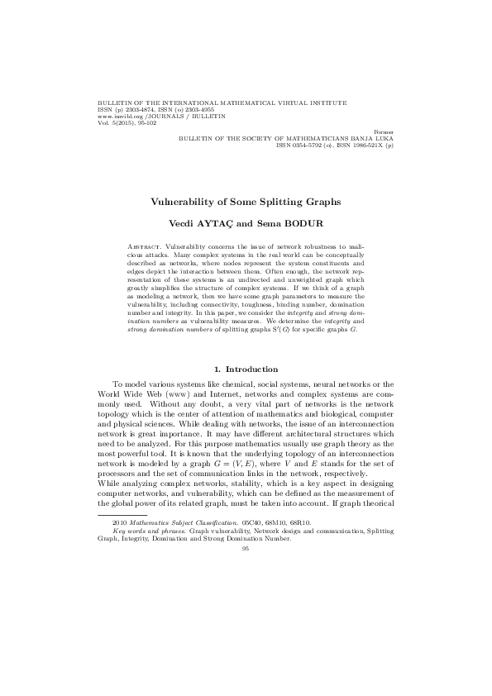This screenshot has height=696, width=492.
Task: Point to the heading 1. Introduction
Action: [x=246, y=369]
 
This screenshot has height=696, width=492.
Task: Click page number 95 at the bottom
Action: [x=246, y=547]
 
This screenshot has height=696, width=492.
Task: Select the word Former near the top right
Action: [x=384, y=131]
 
